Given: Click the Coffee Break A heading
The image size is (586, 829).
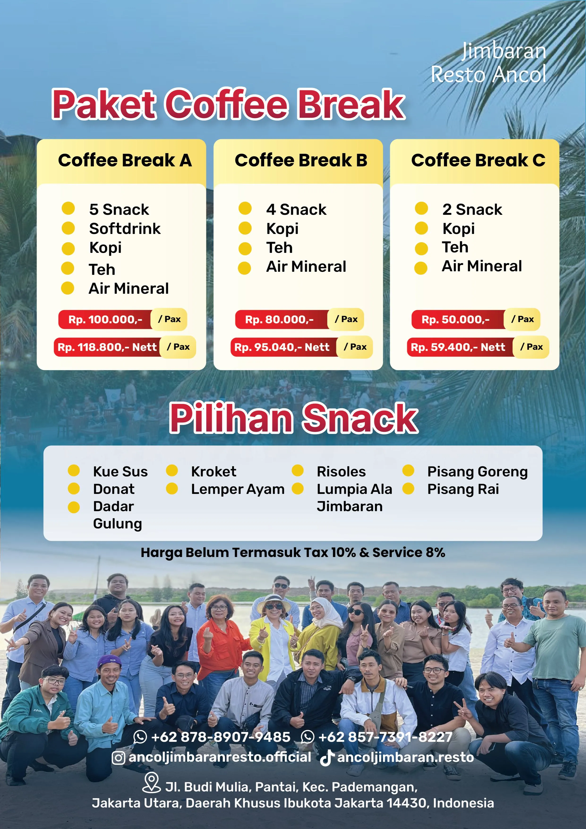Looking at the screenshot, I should (x=125, y=160).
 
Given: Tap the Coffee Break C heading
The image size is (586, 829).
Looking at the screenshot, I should (x=478, y=160).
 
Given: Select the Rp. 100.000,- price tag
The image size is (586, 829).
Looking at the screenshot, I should (x=105, y=320).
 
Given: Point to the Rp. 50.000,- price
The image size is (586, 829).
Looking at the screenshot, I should (x=455, y=320).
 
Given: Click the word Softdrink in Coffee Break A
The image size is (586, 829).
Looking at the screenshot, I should (x=125, y=229).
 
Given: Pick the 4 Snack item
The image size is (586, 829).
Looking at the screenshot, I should (x=296, y=209).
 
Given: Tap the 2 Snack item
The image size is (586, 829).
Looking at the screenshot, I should (x=472, y=209).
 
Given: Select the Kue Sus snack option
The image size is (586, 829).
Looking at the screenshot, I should (x=120, y=471).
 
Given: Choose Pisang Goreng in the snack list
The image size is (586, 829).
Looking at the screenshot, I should (x=477, y=471).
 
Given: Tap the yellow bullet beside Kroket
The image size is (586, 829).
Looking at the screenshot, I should (x=172, y=471).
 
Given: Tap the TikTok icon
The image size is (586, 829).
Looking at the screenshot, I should (x=327, y=757).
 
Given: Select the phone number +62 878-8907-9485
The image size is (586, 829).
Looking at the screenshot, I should (x=220, y=737).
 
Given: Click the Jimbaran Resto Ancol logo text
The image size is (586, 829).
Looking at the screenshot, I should (x=489, y=63).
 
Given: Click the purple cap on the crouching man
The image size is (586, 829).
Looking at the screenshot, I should (x=109, y=661).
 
